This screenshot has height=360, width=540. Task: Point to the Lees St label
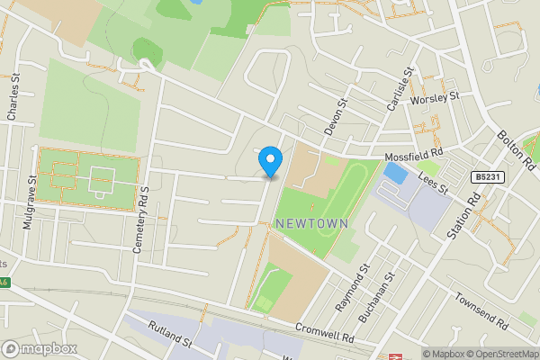coord(432,184)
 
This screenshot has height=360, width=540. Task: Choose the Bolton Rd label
coord(517,149)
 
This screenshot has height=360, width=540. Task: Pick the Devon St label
coord(336,118)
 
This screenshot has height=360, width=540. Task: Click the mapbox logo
coord(40,348)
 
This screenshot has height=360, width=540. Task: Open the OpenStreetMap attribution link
coord(499,354)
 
